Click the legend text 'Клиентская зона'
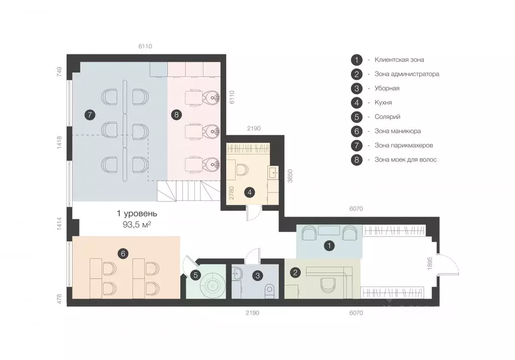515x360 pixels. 399,60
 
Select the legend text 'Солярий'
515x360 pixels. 387,117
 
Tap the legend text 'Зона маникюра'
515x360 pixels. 397,131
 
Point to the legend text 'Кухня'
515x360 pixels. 383,103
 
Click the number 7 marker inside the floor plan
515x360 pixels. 90,115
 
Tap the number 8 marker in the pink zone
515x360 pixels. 176,115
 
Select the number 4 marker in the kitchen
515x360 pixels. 250,192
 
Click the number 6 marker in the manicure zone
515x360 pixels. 123,254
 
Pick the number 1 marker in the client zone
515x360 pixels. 329,245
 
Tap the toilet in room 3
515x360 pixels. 270,291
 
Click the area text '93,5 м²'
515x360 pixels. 136,225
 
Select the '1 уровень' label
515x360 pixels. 137,213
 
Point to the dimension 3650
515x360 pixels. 290,176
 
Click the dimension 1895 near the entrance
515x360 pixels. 430,263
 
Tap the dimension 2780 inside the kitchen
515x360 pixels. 232,193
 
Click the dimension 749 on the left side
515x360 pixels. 59,71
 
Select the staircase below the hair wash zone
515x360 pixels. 188,191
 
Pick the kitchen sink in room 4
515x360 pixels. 273,172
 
